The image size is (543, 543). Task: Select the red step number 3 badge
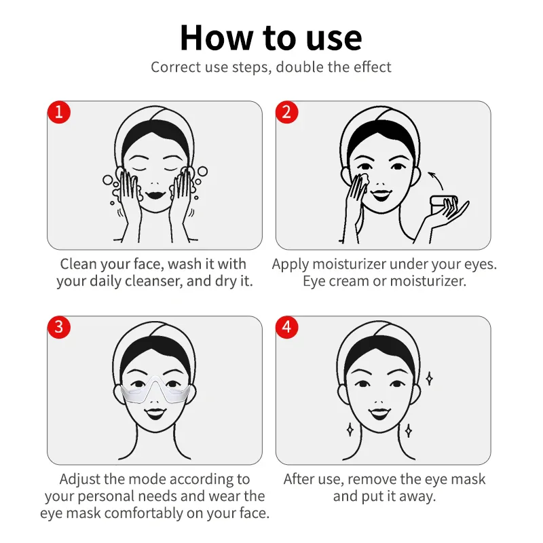[x=58, y=326]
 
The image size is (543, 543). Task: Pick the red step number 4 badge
[x=286, y=326]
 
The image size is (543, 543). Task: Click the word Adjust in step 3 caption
[x=82, y=479]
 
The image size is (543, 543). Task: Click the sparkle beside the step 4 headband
[x=429, y=377]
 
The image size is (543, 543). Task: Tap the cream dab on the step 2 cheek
[x=361, y=178]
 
